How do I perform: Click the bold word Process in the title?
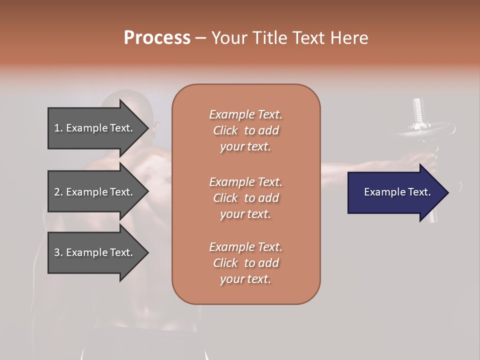click(157, 38)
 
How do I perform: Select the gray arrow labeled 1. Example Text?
click(95, 128)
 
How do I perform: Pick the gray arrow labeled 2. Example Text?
click(95, 192)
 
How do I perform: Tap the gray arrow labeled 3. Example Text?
click(95, 252)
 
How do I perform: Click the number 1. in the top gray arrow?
click(58, 128)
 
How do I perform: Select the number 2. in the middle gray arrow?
click(58, 192)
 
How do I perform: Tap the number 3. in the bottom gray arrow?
click(58, 252)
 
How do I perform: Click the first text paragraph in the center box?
click(245, 130)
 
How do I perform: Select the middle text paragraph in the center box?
click(245, 198)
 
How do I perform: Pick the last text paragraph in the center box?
click(245, 263)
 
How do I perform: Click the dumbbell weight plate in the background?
click(425, 131)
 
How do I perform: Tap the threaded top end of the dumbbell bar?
click(418, 107)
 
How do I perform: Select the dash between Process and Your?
click(201, 38)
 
